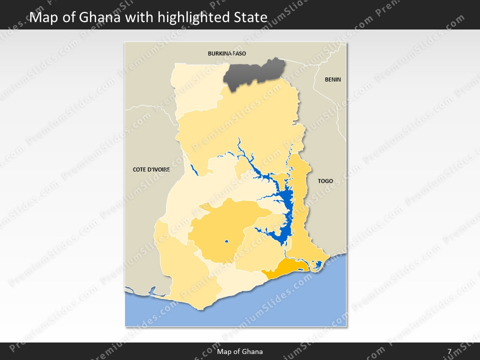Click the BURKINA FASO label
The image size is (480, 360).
coord(227,53)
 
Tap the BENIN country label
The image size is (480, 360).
coord(332,79)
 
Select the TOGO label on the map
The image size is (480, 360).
coord(325,181)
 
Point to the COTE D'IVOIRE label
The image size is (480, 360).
coord(151,169)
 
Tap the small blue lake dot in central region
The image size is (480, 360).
coord(226,242)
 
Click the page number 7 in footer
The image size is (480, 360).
coord(449,351)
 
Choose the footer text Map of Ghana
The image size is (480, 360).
coord(239,351)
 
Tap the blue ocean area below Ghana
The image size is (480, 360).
coord(280,305)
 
